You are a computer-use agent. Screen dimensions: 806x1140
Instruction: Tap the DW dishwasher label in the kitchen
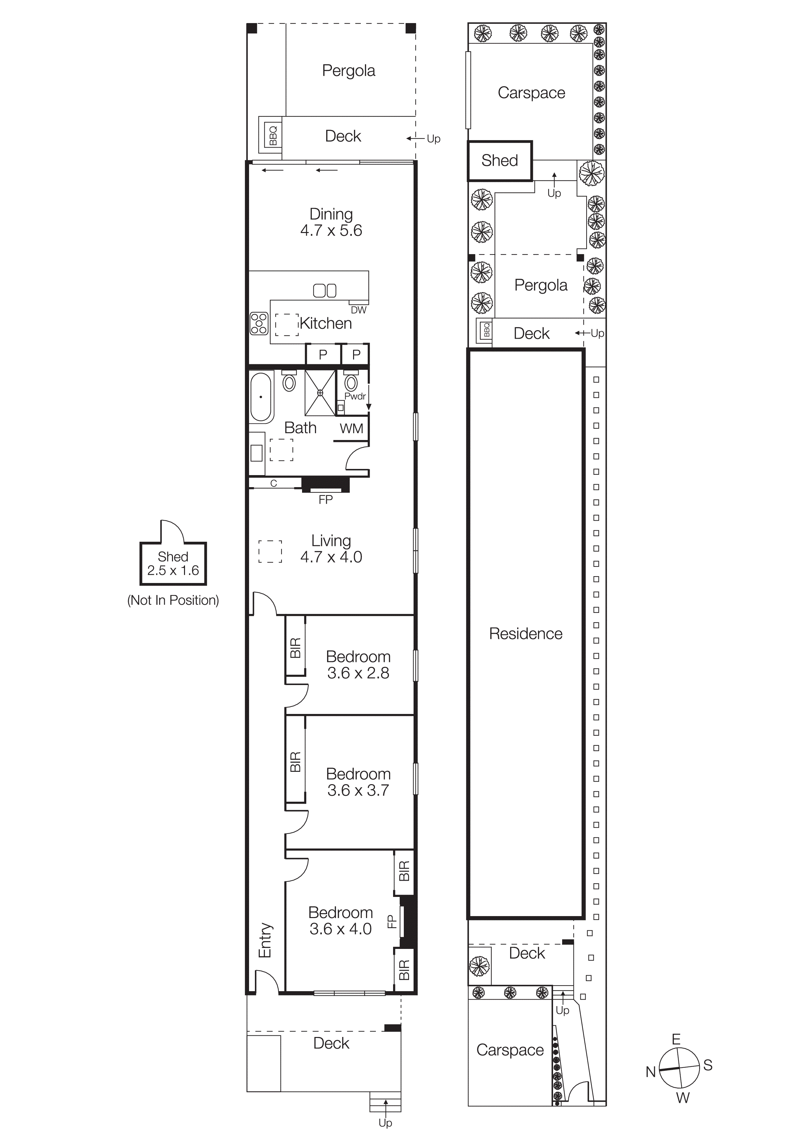(x=359, y=310)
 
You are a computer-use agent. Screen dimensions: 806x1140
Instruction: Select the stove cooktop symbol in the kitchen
(x=259, y=323)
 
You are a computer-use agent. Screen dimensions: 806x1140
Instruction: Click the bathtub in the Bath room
(x=261, y=397)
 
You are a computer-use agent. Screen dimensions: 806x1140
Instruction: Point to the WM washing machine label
(x=351, y=429)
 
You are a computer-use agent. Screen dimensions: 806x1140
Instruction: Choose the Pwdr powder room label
(x=355, y=396)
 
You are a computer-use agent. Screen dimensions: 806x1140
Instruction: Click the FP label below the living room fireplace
(x=326, y=499)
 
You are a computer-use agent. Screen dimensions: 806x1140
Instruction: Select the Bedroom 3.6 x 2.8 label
(x=358, y=665)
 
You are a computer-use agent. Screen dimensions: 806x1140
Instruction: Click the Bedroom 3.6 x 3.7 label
(x=358, y=782)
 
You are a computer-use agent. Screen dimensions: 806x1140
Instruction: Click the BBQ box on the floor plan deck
(x=273, y=135)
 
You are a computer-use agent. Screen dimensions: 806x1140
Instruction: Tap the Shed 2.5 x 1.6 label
(x=173, y=564)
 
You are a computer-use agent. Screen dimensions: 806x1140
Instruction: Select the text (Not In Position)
(x=173, y=600)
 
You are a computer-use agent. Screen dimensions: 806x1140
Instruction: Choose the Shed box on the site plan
(x=500, y=161)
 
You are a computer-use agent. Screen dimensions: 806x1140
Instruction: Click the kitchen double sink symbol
(x=325, y=291)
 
